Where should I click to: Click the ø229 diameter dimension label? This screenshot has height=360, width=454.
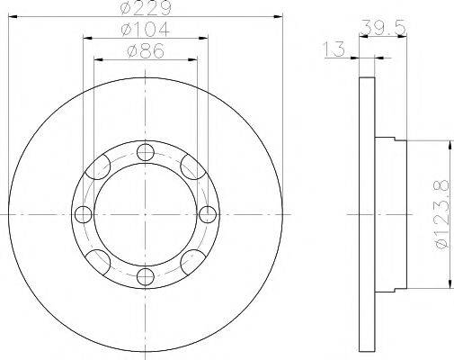click(146, 7)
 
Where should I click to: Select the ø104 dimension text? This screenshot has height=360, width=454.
click(146, 30)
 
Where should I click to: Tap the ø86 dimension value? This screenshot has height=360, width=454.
click(146, 50)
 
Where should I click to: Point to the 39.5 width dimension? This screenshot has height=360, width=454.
click(383, 27)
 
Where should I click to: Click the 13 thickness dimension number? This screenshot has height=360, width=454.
click(334, 49)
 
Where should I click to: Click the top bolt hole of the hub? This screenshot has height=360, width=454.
click(146, 152)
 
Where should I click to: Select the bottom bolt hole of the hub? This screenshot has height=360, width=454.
click(146, 276)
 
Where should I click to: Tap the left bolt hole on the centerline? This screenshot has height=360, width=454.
click(83, 214)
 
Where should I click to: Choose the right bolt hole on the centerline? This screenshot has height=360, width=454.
click(208, 214)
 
